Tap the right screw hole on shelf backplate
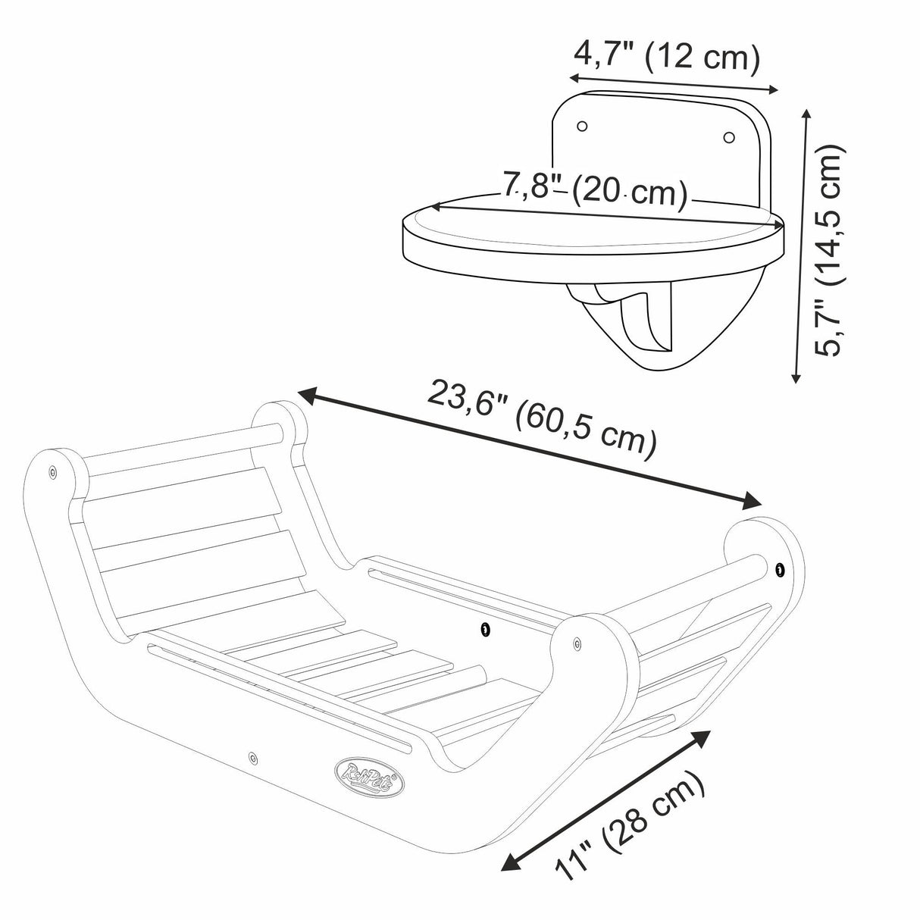(x=728, y=136)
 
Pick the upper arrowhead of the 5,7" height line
(x=807, y=114)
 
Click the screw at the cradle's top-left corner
(x=52, y=472)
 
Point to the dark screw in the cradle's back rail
(x=484, y=628)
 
